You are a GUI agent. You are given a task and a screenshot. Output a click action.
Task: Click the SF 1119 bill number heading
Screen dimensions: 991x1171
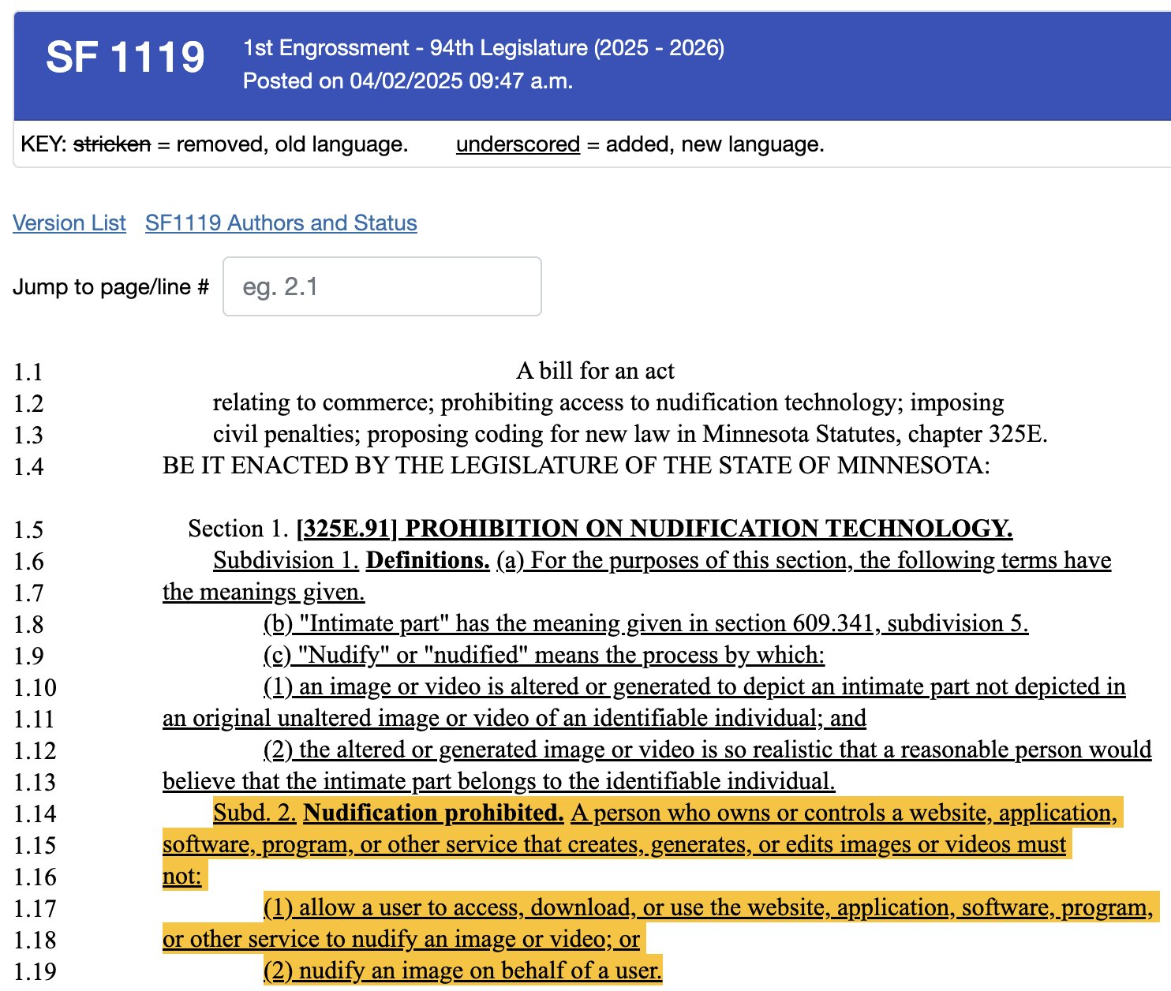[x=125, y=57]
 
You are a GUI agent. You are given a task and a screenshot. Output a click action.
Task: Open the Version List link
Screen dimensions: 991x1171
[x=69, y=223]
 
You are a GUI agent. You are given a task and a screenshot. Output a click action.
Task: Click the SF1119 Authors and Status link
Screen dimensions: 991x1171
[x=281, y=223]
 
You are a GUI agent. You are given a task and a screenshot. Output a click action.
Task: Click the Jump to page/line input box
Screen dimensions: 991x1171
[x=382, y=286]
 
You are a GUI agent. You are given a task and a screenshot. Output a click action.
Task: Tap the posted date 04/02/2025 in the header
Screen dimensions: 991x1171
[x=406, y=81]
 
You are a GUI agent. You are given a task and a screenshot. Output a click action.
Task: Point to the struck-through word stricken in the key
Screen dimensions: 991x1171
[x=111, y=144]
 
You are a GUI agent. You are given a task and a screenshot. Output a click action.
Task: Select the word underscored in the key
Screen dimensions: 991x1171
[x=518, y=144]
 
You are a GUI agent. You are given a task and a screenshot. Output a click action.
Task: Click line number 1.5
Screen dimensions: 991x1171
[x=28, y=529]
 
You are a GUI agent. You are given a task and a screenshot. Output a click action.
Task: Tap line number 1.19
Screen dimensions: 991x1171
[x=35, y=971]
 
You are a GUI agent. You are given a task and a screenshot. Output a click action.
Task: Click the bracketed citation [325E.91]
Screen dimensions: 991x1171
[x=346, y=529]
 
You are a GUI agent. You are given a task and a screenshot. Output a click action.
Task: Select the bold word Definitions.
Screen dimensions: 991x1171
[x=428, y=560]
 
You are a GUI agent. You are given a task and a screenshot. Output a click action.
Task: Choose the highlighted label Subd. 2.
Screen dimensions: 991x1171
[x=254, y=813]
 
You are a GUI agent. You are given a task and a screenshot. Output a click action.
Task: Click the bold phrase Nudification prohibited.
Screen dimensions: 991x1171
[x=433, y=813]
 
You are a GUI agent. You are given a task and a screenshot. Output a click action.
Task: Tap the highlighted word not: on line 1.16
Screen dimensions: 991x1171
[x=182, y=876]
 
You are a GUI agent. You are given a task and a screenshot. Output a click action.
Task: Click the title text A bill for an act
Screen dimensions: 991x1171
[x=595, y=371]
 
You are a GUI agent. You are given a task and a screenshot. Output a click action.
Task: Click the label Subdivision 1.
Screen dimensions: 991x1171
[x=286, y=560]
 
